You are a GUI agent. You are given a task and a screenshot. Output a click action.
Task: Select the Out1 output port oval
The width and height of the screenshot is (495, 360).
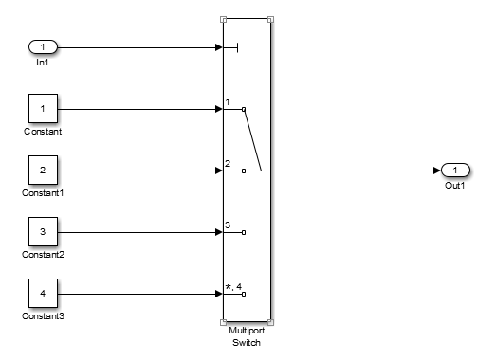coord(455,171)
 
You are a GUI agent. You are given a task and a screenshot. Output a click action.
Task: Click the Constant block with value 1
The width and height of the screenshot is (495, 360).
coord(44,109)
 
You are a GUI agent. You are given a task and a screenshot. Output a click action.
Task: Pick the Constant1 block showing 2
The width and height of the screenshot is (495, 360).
coord(44,171)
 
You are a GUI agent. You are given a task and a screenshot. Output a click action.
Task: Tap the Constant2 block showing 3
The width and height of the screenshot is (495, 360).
coord(44,232)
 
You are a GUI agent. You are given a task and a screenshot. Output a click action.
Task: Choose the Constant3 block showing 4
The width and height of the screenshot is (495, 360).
coord(44,294)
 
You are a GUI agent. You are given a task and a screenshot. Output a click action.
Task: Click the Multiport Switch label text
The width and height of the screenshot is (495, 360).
coord(247,335)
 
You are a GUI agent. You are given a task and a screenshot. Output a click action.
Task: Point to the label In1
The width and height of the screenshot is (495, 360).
coord(43,62)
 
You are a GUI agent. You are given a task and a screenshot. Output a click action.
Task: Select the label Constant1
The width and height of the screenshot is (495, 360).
coord(44,193)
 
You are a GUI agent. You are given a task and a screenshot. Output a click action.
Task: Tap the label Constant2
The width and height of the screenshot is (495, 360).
coord(44,255)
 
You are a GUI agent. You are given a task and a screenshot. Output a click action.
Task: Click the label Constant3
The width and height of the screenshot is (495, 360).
coord(44,316)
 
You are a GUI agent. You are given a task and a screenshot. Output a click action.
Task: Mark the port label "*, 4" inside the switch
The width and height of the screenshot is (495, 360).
coord(233,286)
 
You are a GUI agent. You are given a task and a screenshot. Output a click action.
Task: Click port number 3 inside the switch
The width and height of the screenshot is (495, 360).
coord(229,225)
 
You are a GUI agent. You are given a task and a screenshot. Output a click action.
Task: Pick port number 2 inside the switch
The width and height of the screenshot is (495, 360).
coord(229,163)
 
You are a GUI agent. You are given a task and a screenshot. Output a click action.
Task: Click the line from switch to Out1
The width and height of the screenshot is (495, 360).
coord(351,171)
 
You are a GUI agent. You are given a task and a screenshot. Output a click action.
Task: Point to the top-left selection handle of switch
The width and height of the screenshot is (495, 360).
coord(224,18)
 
